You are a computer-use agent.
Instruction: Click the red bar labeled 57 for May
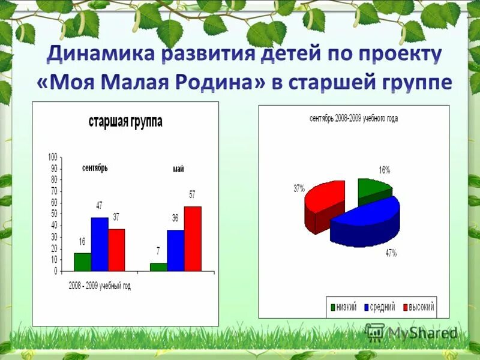tap(193, 239)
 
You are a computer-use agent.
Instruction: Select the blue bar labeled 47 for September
tap(100, 244)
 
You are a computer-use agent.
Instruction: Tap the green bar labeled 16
tap(82, 262)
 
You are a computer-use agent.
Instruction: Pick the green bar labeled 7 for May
tap(158, 268)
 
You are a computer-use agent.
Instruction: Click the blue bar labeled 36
tap(175, 251)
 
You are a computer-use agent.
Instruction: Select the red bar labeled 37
tap(116, 250)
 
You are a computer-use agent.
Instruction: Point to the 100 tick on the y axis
tap(52, 157)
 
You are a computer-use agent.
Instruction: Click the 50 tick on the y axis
tap(53, 214)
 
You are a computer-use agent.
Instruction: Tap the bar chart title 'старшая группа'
tap(125, 122)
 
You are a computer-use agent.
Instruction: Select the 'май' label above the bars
tap(178, 169)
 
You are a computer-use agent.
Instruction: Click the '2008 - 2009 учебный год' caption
tap(99, 286)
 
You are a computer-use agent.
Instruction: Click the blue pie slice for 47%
tap(366, 222)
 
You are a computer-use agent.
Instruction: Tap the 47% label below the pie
tap(391, 253)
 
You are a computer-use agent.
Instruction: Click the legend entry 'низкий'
tap(346, 308)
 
